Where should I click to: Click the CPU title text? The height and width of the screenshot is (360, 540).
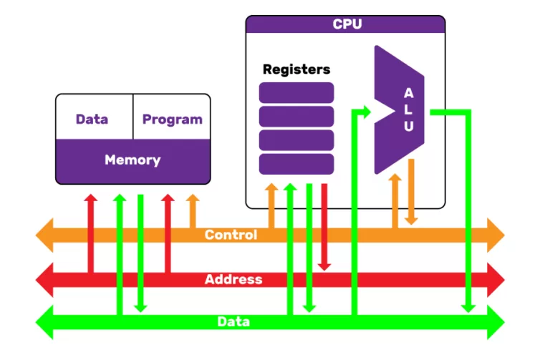point(347,24)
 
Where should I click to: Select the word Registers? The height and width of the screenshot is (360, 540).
point(296,69)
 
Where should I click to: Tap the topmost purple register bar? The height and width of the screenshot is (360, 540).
point(296,92)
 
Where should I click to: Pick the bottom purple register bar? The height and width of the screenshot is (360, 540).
point(296,164)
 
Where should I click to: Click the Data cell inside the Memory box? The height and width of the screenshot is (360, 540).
point(92,119)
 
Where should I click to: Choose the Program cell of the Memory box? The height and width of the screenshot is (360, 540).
point(172,119)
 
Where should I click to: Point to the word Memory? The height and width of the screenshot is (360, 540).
point(132,160)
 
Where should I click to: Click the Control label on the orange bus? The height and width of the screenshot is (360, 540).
point(231,235)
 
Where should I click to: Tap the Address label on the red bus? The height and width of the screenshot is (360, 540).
point(233,279)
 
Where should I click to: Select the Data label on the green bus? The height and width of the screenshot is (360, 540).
point(233,322)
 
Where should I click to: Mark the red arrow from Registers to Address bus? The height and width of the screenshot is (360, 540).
point(324,229)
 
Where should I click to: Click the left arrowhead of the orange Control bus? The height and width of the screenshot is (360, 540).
point(45,235)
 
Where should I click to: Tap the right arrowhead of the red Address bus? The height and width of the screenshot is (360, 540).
point(496,279)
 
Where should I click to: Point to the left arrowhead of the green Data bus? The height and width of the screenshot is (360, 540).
point(45,322)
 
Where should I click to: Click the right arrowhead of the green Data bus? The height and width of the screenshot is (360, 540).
point(496,322)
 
